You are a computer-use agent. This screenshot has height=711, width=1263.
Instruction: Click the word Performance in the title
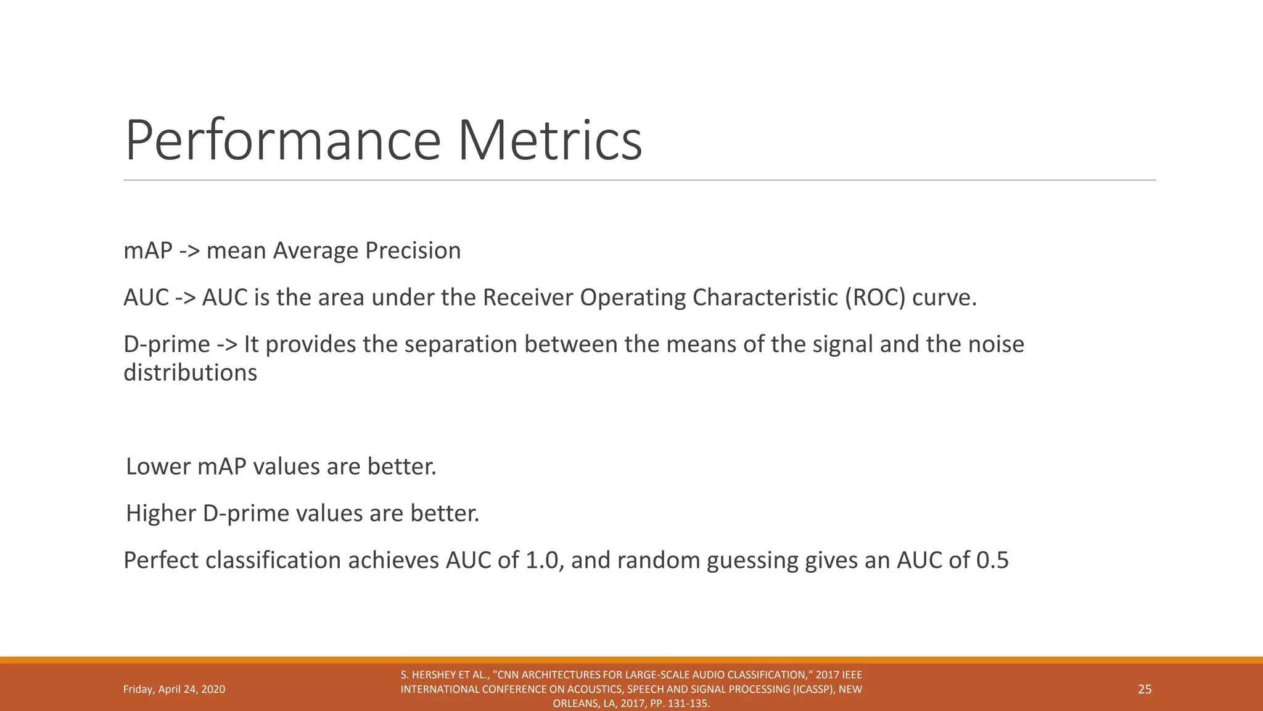(x=282, y=141)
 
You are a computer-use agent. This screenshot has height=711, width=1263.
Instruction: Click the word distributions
(x=190, y=373)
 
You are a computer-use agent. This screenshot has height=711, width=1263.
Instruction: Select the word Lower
(x=158, y=467)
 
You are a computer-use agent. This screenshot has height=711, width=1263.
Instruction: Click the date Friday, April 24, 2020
(x=174, y=689)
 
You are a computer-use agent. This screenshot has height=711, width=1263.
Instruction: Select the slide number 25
(x=1145, y=689)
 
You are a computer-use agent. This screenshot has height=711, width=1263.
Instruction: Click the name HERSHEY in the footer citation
(x=432, y=675)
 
